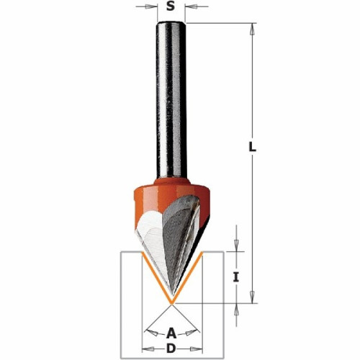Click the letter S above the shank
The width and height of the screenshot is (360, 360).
click(171, 6)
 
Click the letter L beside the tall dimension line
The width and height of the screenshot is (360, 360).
click(252, 147)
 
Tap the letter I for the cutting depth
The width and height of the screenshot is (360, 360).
click(236, 277)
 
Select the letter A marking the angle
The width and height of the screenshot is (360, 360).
click(171, 333)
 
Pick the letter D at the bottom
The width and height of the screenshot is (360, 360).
click(171, 348)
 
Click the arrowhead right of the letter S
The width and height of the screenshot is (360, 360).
click(191, 6)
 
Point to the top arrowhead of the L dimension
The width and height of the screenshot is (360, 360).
click(252, 29)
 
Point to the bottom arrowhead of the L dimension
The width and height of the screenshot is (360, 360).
click(252, 297)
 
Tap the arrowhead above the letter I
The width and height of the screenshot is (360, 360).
click(236, 246)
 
